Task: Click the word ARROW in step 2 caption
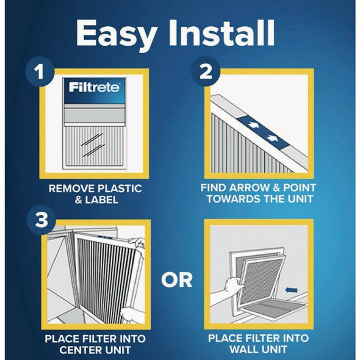[x=247, y=189]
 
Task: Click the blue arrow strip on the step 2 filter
[x=255, y=129]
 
